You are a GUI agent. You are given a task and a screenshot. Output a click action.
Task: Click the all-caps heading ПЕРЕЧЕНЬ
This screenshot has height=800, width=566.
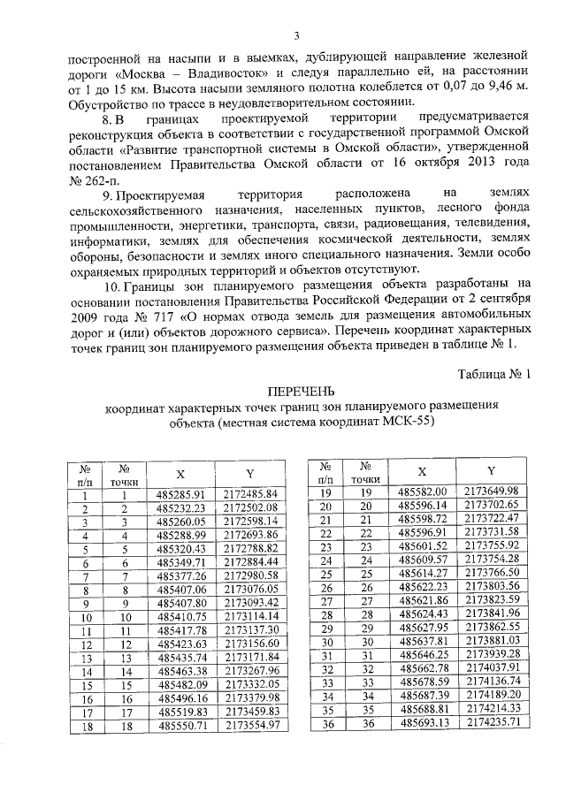pyautogui.click(x=301, y=391)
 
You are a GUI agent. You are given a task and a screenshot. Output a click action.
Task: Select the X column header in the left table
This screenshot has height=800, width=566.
pyautogui.click(x=180, y=474)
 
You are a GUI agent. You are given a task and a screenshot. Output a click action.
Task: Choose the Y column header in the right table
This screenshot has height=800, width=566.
pyautogui.click(x=490, y=471)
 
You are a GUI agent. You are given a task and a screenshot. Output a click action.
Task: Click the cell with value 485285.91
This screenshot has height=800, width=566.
pyautogui.click(x=180, y=493)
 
